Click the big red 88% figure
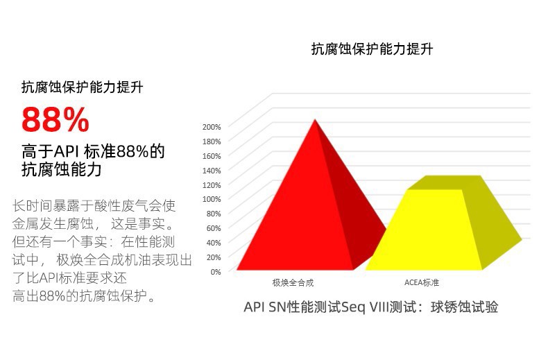(x=55, y=119)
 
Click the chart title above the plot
(x=373, y=49)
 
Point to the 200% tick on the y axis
(x=212, y=127)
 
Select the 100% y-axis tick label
(x=212, y=199)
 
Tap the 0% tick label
(x=216, y=272)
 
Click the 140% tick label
(x=212, y=171)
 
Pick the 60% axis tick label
(x=214, y=228)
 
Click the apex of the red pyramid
(x=315, y=119)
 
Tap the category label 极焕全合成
(x=293, y=282)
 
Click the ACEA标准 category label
(x=422, y=282)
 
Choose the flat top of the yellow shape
(x=445, y=182)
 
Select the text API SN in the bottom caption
(x=264, y=307)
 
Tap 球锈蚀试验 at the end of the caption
(x=464, y=307)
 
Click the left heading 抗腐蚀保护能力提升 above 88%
(x=83, y=87)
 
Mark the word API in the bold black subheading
(x=67, y=152)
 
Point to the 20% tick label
(x=214, y=257)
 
